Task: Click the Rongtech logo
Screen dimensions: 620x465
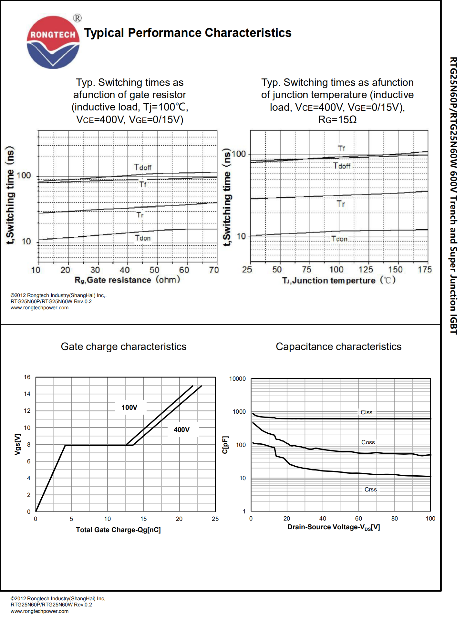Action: point(53,42)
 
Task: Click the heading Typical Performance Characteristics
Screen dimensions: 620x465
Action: point(188,33)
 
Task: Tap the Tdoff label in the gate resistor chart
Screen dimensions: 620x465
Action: point(143,167)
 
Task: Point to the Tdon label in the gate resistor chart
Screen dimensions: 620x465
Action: point(143,238)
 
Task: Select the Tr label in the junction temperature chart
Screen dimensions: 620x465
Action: point(341,204)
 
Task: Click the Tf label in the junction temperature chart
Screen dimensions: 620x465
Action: point(341,149)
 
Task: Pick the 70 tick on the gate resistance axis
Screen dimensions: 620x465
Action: point(214,270)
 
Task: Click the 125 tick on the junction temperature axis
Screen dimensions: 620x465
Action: point(366,270)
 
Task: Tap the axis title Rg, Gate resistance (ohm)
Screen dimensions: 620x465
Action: point(127,280)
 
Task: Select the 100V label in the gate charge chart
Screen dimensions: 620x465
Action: point(129,408)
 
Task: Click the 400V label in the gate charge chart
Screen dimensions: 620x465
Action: point(181,430)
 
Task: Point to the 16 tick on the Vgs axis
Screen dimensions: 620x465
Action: point(27,377)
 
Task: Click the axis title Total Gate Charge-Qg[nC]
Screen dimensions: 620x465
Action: point(118,530)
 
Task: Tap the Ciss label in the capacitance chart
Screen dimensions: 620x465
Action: point(367,412)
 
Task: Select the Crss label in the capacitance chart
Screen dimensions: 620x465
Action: point(371,490)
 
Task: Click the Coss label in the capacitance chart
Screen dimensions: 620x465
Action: point(368,442)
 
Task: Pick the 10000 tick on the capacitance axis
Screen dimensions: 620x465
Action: point(237,379)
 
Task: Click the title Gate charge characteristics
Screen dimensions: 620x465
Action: point(124,346)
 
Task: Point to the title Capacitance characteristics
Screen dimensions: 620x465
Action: point(338,346)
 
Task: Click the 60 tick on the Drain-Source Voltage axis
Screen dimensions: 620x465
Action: point(358,519)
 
